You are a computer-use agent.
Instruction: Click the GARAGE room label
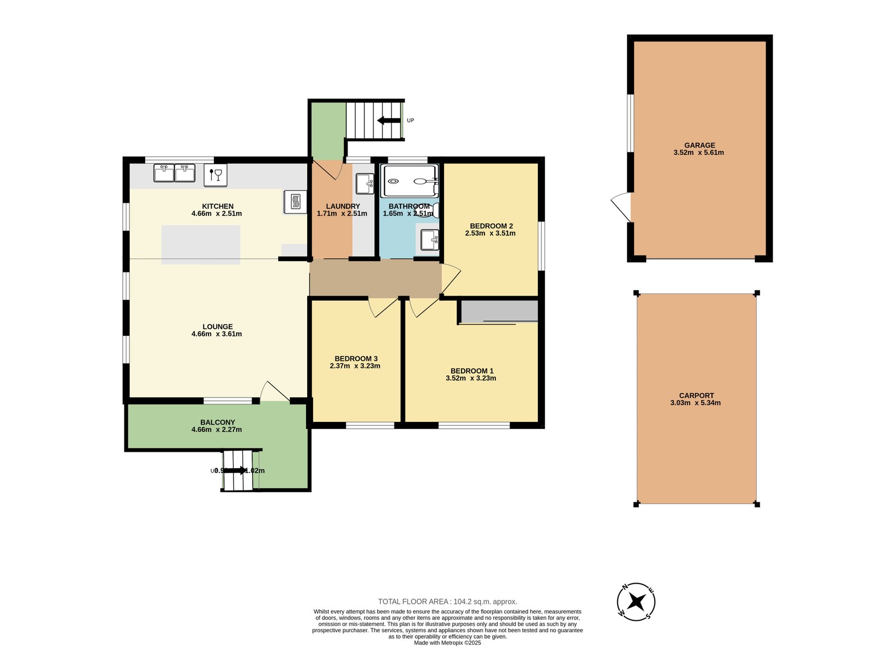click(699, 146)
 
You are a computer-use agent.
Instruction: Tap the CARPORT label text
click(696, 396)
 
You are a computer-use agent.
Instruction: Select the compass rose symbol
click(636, 602)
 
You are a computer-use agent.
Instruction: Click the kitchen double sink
click(175, 173)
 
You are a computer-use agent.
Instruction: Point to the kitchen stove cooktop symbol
click(295, 202)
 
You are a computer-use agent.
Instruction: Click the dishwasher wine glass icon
click(216, 175)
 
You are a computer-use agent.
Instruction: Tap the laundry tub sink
click(364, 184)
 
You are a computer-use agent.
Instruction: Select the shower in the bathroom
click(410, 181)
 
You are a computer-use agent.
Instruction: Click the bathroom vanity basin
click(429, 240)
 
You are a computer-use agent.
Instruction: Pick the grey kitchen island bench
click(201, 245)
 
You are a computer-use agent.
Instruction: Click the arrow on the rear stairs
click(388, 120)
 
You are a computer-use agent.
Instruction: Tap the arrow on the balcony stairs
click(236, 470)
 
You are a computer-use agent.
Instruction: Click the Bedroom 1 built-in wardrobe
click(499, 311)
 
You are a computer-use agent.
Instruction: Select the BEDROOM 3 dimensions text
click(355, 366)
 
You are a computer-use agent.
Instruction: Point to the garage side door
click(621, 207)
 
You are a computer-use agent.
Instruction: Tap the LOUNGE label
click(217, 327)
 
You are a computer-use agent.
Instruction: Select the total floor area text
click(447, 602)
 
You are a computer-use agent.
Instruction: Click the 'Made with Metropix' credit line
click(447, 643)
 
